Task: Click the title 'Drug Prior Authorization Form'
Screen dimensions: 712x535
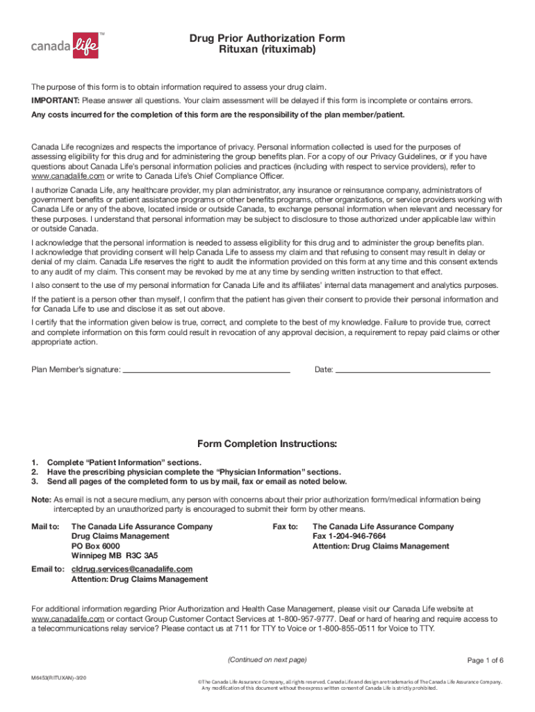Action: click(267, 38)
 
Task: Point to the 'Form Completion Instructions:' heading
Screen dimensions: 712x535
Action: click(267, 444)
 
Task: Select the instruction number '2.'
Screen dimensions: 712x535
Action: click(35, 471)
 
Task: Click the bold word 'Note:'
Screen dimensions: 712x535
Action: click(42, 499)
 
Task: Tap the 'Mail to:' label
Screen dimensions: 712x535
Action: click(46, 526)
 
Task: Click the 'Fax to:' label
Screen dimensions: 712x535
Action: click(285, 526)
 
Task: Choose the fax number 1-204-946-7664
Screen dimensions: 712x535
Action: click(349, 536)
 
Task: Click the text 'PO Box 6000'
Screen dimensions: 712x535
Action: click(96, 546)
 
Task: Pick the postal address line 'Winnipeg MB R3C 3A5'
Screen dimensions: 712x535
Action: click(115, 556)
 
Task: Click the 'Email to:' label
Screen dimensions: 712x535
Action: click(48, 569)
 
